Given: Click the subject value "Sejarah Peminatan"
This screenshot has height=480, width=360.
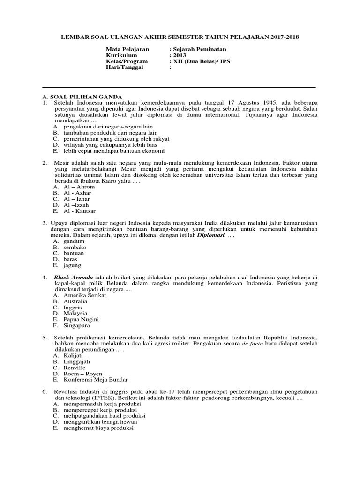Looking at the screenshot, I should coord(200,49).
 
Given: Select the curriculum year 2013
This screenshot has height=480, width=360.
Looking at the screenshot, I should coord(179,55).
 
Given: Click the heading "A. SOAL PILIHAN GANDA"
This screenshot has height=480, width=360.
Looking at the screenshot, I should coord(79,96).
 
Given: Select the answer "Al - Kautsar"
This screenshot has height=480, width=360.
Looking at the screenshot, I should coord(79,211).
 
